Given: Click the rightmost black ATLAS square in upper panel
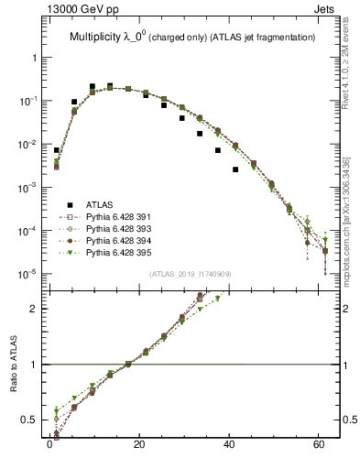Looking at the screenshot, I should (x=235, y=169).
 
